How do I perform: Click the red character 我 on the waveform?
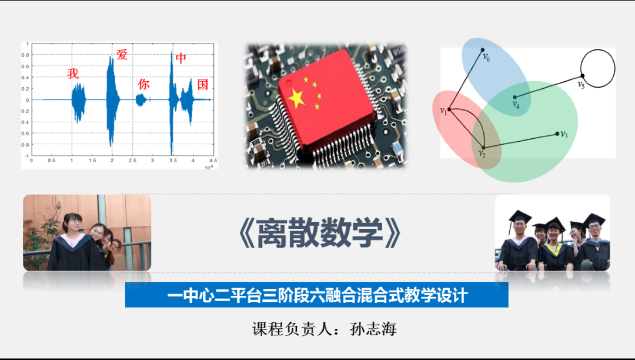[x=73, y=74]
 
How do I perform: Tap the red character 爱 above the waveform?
[x=122, y=54]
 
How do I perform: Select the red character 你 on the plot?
[x=144, y=84]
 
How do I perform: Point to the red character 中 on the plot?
[x=181, y=58]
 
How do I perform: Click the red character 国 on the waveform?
[x=202, y=85]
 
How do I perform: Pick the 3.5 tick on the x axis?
[x=173, y=161]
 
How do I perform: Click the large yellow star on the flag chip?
[x=296, y=98]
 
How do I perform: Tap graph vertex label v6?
[x=486, y=58]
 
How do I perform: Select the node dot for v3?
[x=557, y=134]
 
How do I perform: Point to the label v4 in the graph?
[x=516, y=105]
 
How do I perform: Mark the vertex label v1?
[x=443, y=111]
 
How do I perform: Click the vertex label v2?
[x=482, y=154]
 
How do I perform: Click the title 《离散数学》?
[x=320, y=233]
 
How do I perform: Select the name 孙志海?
[x=373, y=329]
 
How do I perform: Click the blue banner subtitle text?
[x=317, y=295]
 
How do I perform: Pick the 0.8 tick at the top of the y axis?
[x=25, y=55]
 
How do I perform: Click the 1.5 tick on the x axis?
[x=92, y=161]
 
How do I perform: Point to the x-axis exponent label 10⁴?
[x=209, y=167]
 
